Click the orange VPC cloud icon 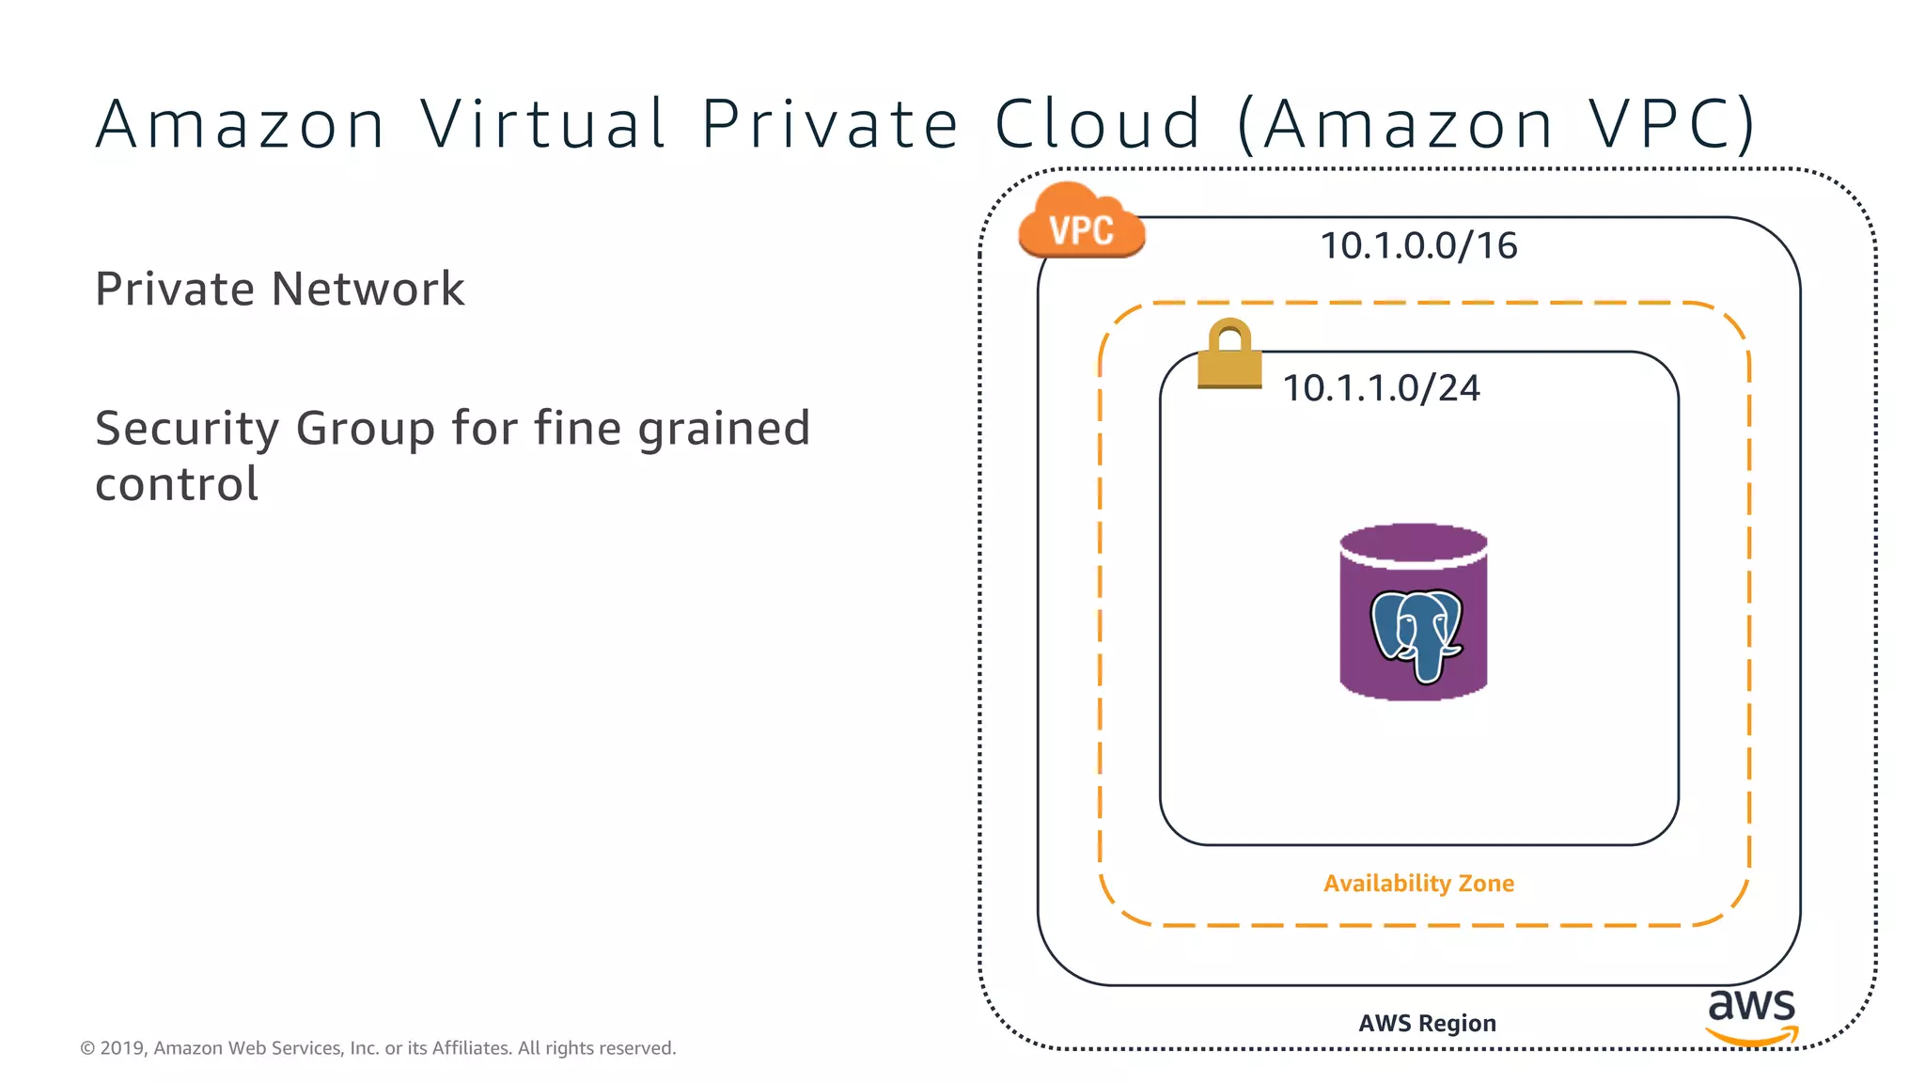pos(1081,223)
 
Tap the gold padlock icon pos(1229,353)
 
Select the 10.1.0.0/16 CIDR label pos(1418,246)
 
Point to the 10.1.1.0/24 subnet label pos(1381,388)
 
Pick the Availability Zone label pos(1418,884)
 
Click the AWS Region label pos(1427,1023)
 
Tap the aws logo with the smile pos(1751,1016)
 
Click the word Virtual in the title pos(543,124)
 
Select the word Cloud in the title pos(1098,124)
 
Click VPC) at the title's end pos(1672,124)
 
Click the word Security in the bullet pos(187,430)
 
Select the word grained pos(724,430)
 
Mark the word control pos(177,484)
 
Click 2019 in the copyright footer pos(122,1048)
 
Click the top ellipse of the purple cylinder pos(1413,543)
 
